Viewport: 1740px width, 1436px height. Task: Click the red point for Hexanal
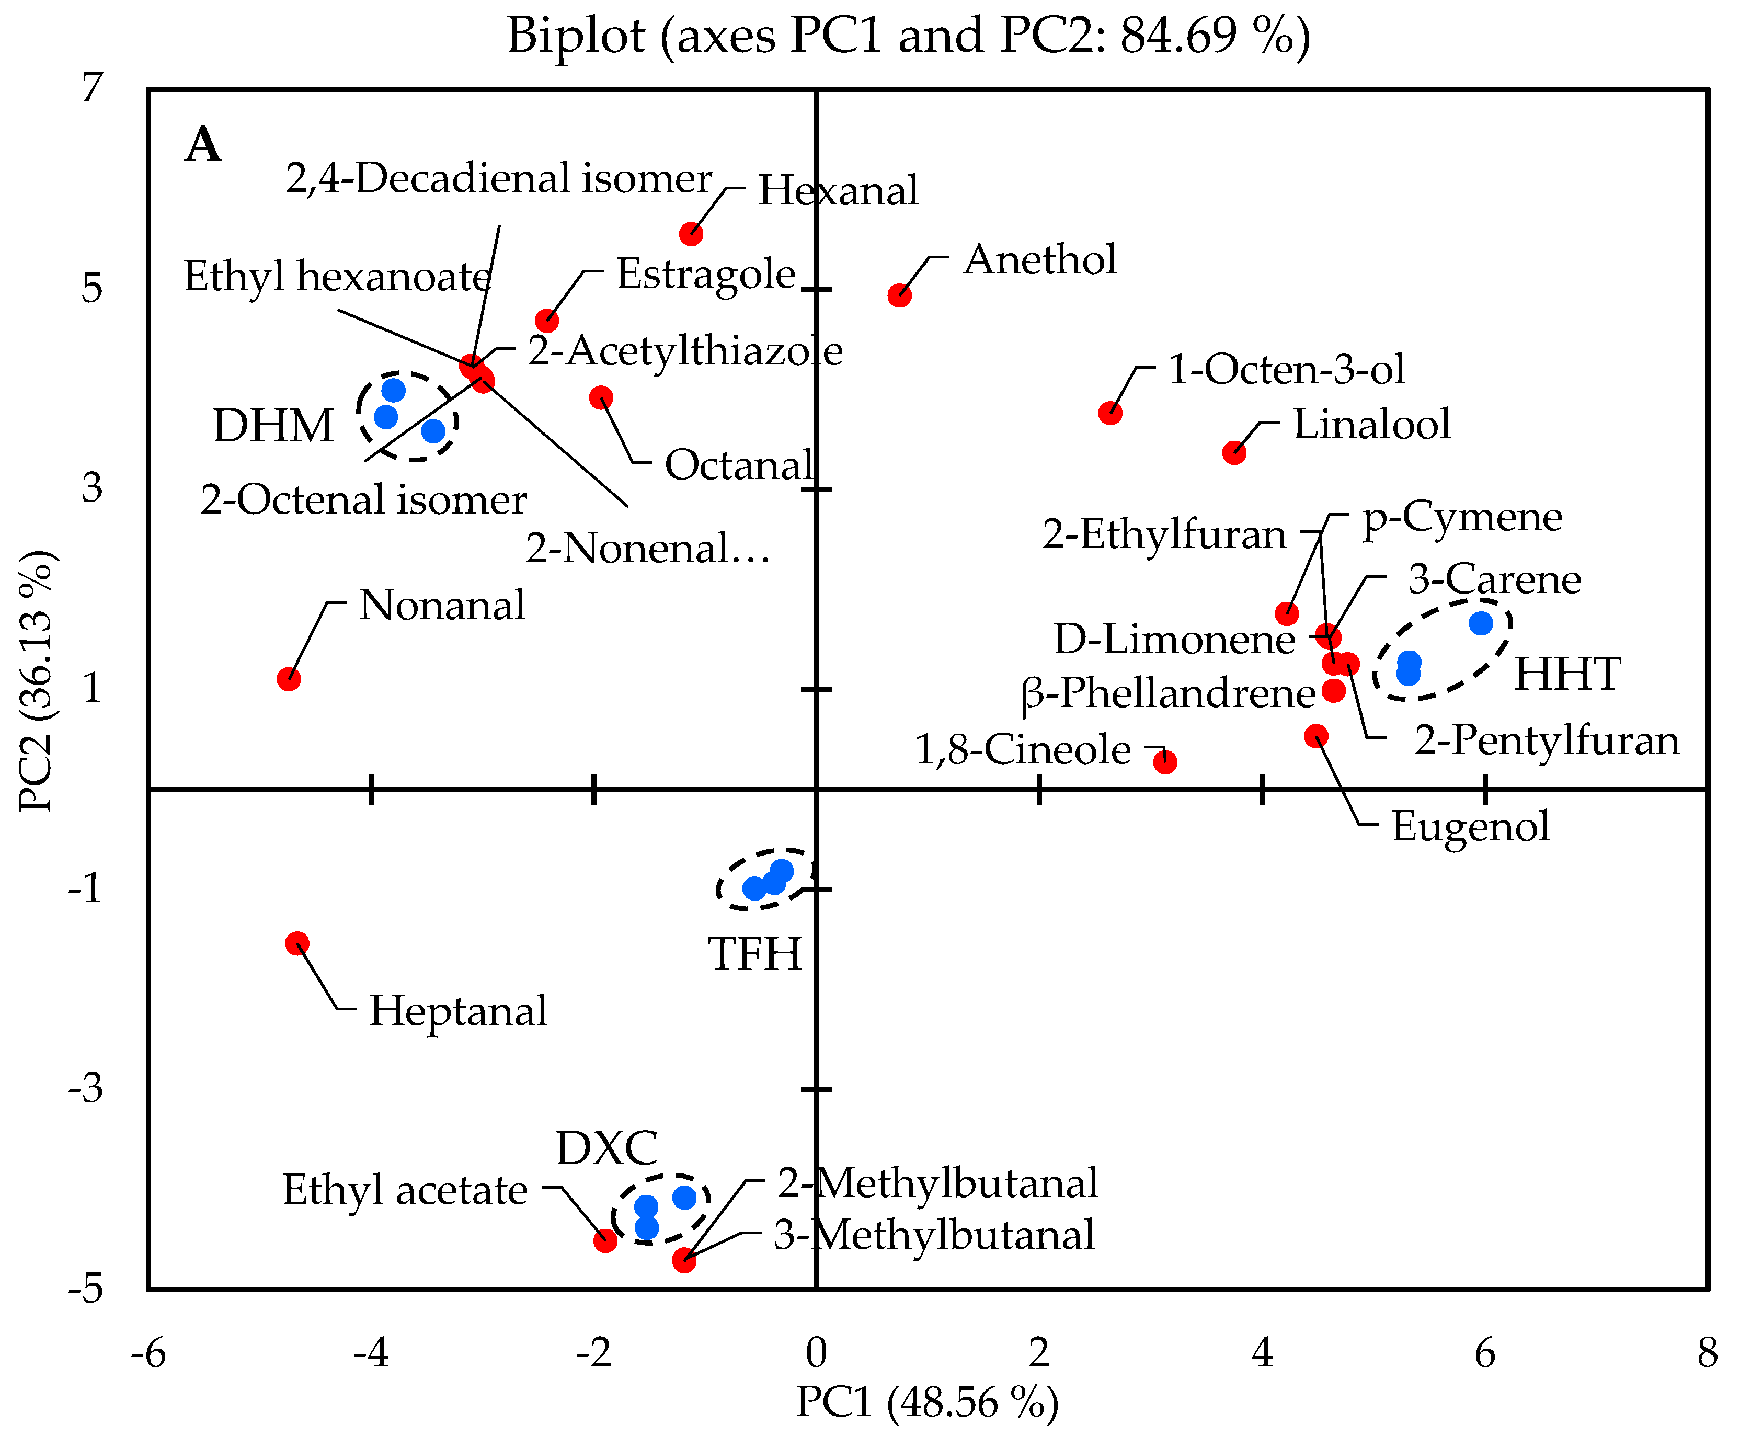pyautogui.click(x=691, y=234)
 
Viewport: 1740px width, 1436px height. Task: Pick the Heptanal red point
pyautogui.click(x=297, y=943)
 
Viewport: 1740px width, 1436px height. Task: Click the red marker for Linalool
pyautogui.click(x=1234, y=452)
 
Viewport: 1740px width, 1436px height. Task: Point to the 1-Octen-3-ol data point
pyautogui.click(x=1110, y=413)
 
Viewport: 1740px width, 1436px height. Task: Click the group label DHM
pyautogui.click(x=273, y=426)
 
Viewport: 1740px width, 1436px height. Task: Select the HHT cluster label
pyautogui.click(x=1567, y=674)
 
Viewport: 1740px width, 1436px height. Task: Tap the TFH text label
pyautogui.click(x=755, y=954)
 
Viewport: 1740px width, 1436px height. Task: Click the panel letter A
pyautogui.click(x=203, y=145)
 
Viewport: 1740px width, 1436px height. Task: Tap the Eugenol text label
pyautogui.click(x=1470, y=826)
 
